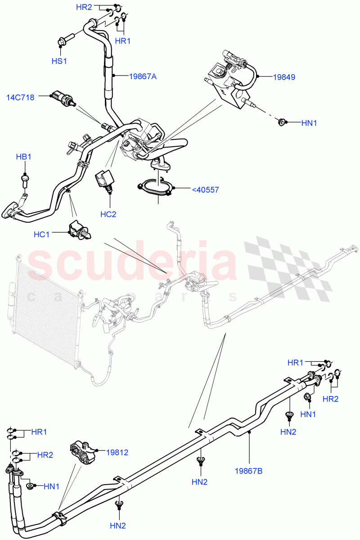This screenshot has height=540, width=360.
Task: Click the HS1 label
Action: tap(59, 61)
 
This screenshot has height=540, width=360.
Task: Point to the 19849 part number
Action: tap(284, 77)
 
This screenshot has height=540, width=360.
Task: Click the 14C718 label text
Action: tap(20, 97)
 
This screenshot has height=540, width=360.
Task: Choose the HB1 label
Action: tap(23, 157)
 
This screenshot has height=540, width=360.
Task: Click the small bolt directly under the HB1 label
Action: tap(25, 179)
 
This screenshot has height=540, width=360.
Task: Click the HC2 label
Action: tap(108, 214)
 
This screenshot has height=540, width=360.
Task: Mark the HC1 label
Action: tap(42, 234)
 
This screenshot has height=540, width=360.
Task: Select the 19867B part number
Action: tap(248, 471)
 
